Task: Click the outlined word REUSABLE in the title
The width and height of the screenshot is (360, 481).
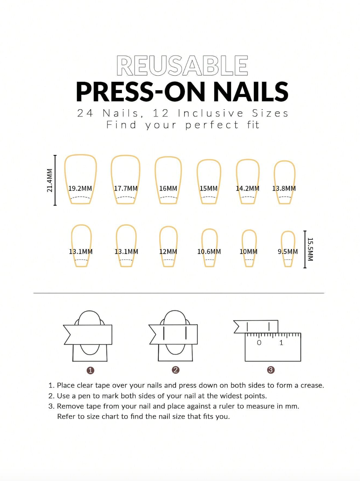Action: point(182,66)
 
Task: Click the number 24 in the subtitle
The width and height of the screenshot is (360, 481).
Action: point(85,113)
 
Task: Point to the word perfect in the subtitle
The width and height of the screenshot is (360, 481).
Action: point(212,125)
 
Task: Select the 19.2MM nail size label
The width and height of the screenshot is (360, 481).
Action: point(80,188)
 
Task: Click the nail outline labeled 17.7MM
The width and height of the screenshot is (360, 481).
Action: point(125,171)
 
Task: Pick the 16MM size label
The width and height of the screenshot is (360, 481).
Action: point(168,188)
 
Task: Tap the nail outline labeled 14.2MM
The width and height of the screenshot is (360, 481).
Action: point(247,173)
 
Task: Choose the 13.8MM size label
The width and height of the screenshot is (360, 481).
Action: point(284,188)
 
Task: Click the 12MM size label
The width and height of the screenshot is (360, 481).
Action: point(168,252)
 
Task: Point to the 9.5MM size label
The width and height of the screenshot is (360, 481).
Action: point(287,252)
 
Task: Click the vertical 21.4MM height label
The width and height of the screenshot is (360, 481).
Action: point(50,180)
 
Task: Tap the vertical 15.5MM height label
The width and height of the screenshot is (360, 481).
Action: point(310,249)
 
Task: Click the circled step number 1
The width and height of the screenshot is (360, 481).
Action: point(90,370)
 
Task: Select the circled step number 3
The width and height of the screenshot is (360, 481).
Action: point(271,370)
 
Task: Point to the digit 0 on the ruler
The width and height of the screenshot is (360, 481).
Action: point(259,343)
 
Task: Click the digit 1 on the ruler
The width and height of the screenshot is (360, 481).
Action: point(281,343)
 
